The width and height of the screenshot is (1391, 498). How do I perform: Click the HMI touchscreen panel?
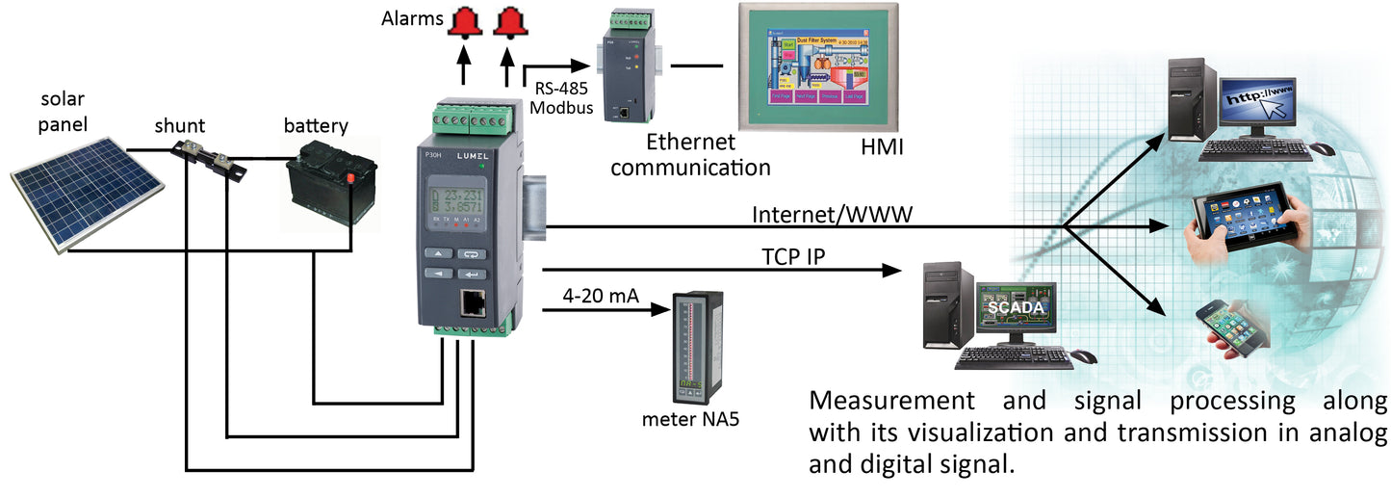[x=817, y=68]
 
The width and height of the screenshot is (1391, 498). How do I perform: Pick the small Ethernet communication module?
[x=627, y=66]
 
